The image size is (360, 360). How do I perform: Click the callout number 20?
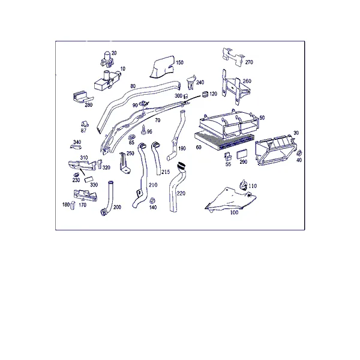pos(114,53)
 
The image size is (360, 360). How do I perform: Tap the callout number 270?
pos(249,62)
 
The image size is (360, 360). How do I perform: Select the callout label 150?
pos(180,62)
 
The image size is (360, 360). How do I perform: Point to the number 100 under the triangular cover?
pos(234,212)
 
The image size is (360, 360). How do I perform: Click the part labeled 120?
pos(205,94)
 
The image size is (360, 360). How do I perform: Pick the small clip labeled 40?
pos(299,153)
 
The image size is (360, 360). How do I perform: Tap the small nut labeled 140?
pos(152,200)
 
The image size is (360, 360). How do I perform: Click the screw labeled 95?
pos(144,129)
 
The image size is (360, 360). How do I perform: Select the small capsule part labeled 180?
pos(73,205)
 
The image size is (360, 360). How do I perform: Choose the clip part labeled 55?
pos(228,157)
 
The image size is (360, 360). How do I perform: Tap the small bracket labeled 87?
pos(85,124)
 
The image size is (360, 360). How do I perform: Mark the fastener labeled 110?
pos(244,185)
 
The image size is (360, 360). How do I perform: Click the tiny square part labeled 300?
pos(186,96)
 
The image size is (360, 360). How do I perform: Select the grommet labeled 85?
pos(132,137)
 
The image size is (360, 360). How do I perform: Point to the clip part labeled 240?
pos(191,82)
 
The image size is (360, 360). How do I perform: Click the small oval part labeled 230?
pos(76,175)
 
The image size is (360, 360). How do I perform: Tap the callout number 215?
pos(166,172)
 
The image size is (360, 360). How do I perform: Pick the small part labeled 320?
pos(100,164)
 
